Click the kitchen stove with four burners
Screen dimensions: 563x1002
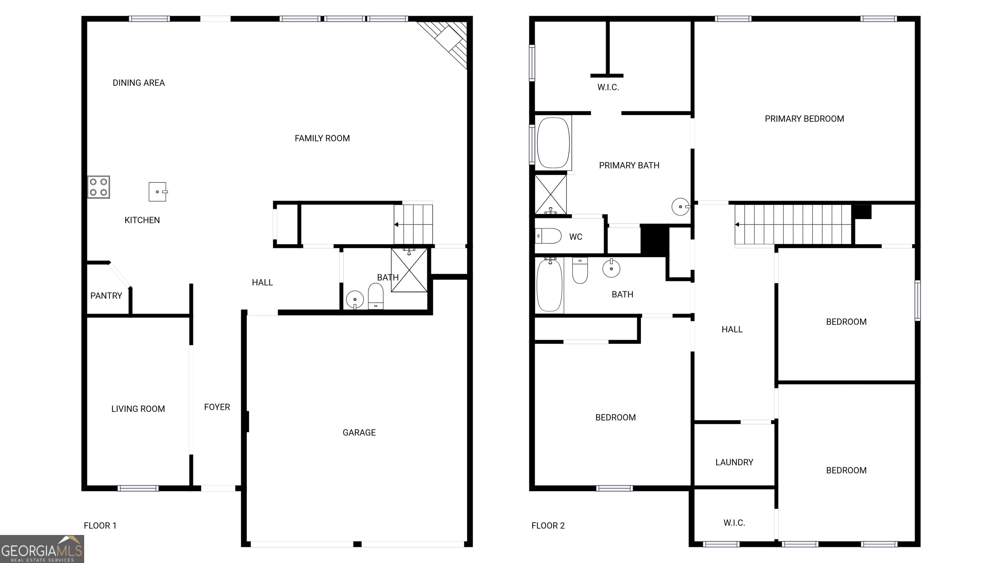point(99,187)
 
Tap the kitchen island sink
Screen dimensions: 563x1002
point(158,192)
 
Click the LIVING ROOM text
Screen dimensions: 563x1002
point(138,409)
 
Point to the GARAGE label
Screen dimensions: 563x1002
point(359,432)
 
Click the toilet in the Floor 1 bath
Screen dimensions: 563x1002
point(375,297)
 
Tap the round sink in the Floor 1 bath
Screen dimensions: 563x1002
point(355,299)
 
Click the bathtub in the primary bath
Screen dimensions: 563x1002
point(553,143)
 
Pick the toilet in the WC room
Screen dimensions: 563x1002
point(548,236)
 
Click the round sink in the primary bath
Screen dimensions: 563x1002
point(680,207)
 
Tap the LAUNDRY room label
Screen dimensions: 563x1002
point(734,462)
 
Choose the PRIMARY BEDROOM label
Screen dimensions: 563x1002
point(804,119)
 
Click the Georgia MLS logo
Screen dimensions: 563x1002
point(42,549)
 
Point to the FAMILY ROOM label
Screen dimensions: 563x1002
point(322,138)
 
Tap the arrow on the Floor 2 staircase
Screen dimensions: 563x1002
point(737,224)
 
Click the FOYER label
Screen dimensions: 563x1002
point(217,407)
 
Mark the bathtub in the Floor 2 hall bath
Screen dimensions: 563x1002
point(549,285)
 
